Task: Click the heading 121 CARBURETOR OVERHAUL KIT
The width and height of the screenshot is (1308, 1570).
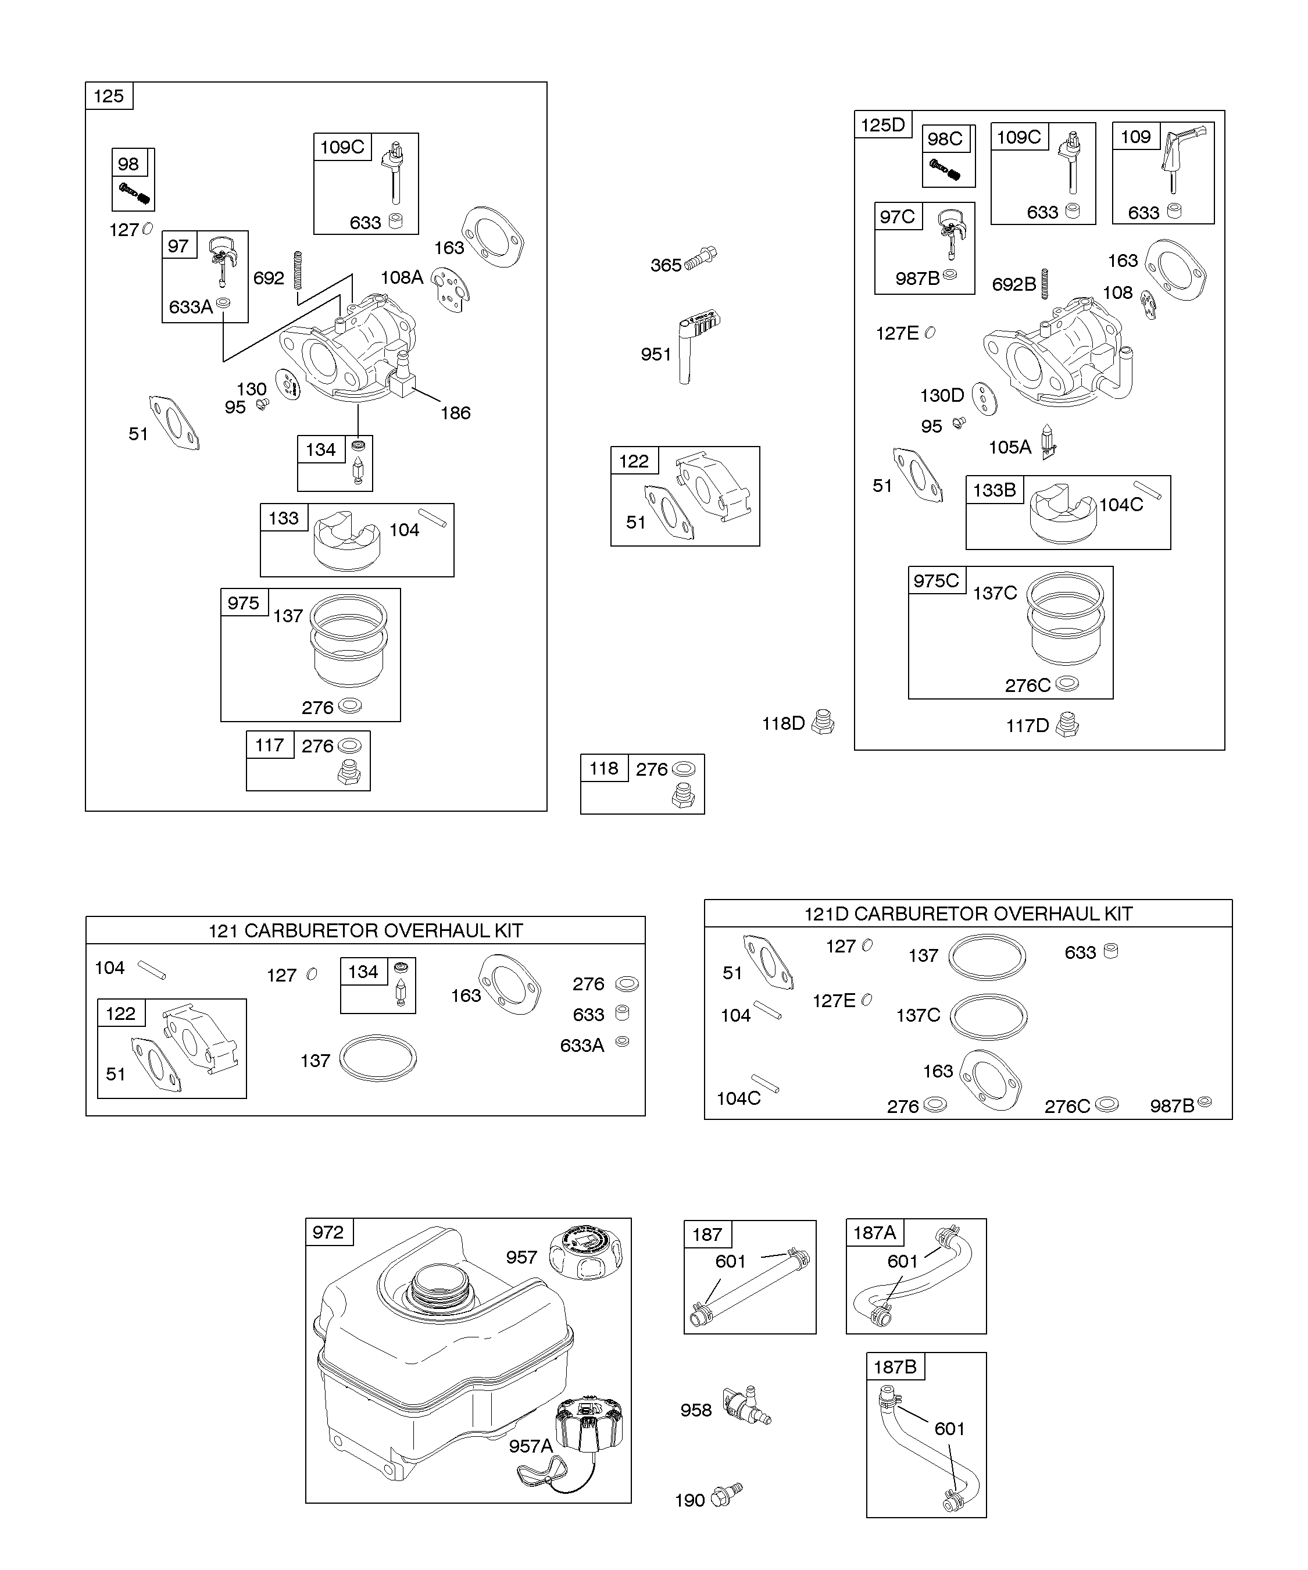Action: (x=366, y=931)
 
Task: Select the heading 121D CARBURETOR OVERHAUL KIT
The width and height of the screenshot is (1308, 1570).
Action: (x=968, y=914)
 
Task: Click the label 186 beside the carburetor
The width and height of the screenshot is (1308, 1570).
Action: (x=455, y=413)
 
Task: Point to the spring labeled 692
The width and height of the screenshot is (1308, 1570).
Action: (x=296, y=270)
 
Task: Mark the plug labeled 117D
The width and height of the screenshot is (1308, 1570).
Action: (x=1067, y=725)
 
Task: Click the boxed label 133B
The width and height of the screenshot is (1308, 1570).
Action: (x=994, y=490)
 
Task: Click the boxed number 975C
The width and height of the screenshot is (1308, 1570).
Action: (x=936, y=581)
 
